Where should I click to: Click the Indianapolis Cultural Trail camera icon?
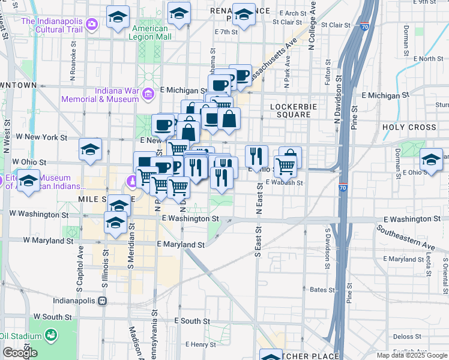(92, 24)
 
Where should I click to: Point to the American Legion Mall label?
(149, 32)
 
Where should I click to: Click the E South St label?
(192, 322)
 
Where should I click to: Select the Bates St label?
(322, 290)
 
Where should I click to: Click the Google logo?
(19, 353)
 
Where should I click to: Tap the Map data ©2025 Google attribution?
(411, 355)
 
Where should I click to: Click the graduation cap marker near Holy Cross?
(431, 158)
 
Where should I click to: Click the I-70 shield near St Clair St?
(364, 26)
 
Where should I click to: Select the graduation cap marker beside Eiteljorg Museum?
(28, 179)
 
